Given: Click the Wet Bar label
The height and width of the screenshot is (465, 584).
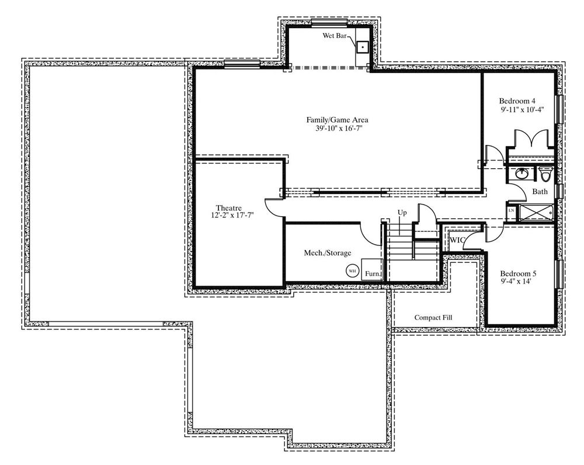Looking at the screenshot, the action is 335,36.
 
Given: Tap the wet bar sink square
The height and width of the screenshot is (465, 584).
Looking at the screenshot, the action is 363,47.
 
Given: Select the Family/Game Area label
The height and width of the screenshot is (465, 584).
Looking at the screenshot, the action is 338,120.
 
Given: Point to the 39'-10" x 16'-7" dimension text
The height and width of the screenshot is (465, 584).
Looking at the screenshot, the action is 339,129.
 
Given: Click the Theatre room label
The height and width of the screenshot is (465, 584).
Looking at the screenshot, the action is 229,208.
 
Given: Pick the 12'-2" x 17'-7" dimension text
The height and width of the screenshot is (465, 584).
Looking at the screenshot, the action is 232,215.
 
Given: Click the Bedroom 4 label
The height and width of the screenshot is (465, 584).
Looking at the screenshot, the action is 517,101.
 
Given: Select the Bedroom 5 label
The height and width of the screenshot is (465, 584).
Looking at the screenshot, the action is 518,274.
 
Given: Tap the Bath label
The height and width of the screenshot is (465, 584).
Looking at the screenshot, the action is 540,192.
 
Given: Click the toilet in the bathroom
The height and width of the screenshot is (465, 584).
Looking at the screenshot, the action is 546,173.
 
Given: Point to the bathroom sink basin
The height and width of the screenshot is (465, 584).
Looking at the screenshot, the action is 521,173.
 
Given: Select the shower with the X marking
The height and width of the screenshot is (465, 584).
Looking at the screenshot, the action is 536,213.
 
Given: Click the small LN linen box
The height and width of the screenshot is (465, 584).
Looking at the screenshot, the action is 512,210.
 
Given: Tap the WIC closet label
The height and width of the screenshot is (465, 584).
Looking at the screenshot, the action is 457,240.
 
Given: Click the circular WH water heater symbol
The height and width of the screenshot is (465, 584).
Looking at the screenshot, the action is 352,271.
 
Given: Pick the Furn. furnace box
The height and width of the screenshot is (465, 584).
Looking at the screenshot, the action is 373,269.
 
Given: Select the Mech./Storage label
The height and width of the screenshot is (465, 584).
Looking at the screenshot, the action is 328,253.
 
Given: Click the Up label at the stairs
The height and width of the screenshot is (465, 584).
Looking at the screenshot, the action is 402,213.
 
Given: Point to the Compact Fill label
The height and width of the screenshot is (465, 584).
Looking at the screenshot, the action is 433,317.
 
